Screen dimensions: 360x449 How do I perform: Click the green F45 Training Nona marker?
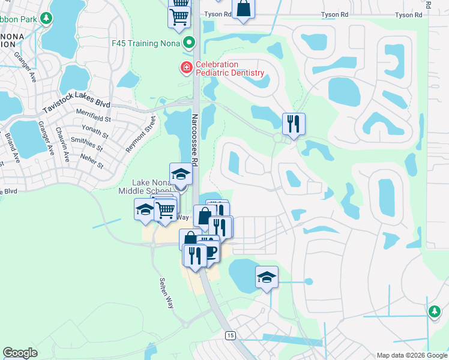pos(190,43)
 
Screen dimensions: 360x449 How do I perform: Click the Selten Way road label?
pos(166,292)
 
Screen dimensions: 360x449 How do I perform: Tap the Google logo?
pos(20,353)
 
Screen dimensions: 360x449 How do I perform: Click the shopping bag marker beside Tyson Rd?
pos(243,9)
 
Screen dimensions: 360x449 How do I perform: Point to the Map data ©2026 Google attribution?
pos(412,355)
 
